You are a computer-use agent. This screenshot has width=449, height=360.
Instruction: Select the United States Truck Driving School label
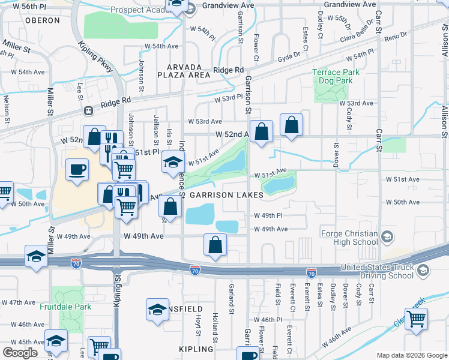pyautogui.click(x=376, y=271)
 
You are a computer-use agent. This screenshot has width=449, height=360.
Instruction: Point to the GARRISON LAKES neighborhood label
pyautogui.click(x=226, y=196)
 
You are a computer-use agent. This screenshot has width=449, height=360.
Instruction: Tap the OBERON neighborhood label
pyautogui.click(x=43, y=20)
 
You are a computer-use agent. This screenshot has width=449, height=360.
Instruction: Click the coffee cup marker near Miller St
pyautogui.click(x=76, y=169)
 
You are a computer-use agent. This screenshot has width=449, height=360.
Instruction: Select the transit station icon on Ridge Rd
pyautogui.click(x=88, y=110)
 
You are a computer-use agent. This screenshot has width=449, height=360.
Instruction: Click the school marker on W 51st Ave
pyautogui.click(x=172, y=161)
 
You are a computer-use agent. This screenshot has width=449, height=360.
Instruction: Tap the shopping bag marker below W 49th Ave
pyautogui.click(x=215, y=244)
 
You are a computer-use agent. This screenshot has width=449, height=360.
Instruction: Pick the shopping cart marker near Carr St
pyautogui.click(x=416, y=319)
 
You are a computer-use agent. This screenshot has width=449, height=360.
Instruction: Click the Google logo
pyautogui.click(x=20, y=353)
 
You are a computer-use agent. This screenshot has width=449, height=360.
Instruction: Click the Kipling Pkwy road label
pyautogui.click(x=96, y=57)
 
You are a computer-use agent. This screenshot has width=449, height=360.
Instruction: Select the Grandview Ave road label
pyautogui.click(x=228, y=4)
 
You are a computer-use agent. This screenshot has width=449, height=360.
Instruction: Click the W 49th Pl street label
pyautogui.click(x=268, y=215)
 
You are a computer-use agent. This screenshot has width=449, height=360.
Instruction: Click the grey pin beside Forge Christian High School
pyautogui.click(x=387, y=237)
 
